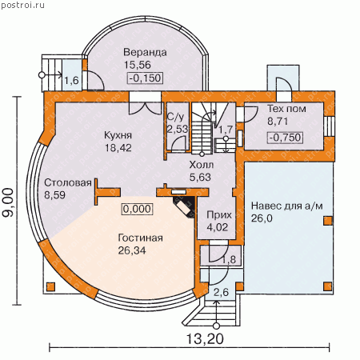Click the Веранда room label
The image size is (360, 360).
(x=145, y=53)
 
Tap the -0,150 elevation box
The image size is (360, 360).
(x=145, y=78)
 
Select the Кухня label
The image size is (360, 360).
(x=118, y=135)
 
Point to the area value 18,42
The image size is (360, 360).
(x=118, y=147)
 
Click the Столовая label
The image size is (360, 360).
(x=68, y=182)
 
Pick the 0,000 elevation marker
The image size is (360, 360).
(x=138, y=209)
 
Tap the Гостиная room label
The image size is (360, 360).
(x=140, y=238)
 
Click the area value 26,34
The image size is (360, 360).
(x=132, y=250)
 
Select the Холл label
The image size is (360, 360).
(x=202, y=165)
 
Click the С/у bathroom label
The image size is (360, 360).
(x=175, y=117)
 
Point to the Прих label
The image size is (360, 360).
(x=219, y=215)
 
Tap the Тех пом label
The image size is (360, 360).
(x=286, y=109)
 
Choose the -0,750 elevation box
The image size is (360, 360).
(x=285, y=138)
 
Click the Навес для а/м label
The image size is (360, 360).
(x=287, y=206)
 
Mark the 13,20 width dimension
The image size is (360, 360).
(x=205, y=339)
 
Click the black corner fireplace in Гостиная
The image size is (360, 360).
(x=184, y=207)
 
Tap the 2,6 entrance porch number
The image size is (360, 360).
(x=221, y=292)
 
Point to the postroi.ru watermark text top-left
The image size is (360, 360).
(x=23, y=5)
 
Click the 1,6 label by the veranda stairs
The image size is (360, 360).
(x=72, y=80)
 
